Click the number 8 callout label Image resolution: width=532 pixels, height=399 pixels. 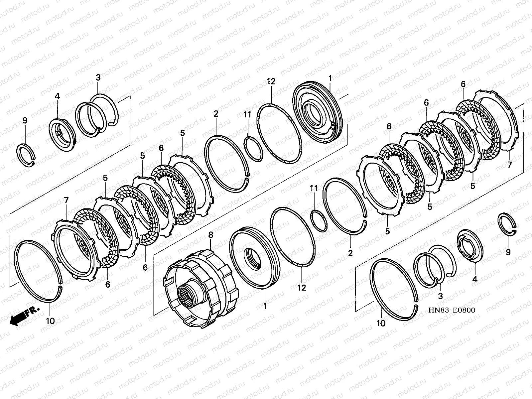(x=210, y=235)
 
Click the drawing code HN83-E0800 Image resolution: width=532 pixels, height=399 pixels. (x=452, y=310)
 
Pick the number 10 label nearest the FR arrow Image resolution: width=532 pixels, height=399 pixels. (x=50, y=321)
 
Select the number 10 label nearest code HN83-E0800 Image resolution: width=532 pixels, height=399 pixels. (x=381, y=323)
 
